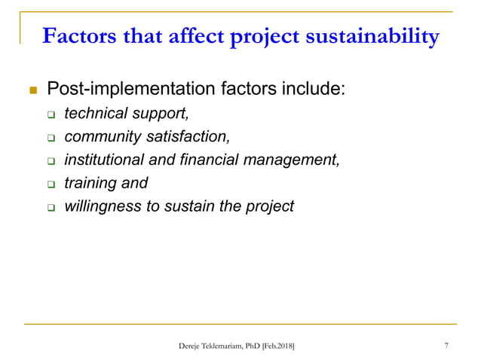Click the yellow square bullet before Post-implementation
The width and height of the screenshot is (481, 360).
pos(32,91)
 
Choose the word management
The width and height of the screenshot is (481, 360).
pos(298,160)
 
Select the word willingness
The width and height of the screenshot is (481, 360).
pos(102,205)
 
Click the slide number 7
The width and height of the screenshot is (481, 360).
pos(447,346)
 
